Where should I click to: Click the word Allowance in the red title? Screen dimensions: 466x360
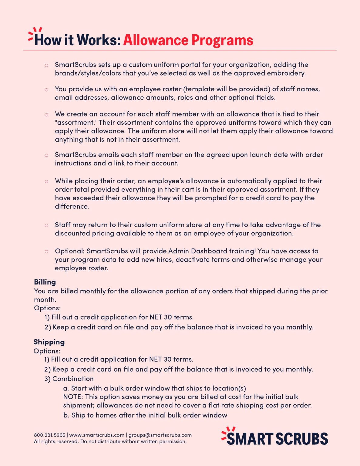pos(156,40)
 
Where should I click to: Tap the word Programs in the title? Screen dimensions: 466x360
pos(222,40)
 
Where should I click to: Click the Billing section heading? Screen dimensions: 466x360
pos(45,282)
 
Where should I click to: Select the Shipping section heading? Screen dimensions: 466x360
pos(49,342)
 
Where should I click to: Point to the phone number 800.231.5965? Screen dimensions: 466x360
pos(49,435)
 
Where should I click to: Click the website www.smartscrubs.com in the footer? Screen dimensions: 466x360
pos(97,435)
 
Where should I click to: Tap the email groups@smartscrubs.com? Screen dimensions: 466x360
pos(160,435)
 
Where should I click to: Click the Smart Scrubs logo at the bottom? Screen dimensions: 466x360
pos(275,437)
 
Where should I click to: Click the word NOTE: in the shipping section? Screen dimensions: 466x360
pos(73,397)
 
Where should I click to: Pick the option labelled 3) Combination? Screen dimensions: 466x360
pos(69,379)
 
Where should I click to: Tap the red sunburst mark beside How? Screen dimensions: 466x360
pos(34,33)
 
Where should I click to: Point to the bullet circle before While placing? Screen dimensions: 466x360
pos(46,181)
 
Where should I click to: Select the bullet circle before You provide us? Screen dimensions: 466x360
pos(46,89)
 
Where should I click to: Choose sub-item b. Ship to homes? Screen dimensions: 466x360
pos(145,415)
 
